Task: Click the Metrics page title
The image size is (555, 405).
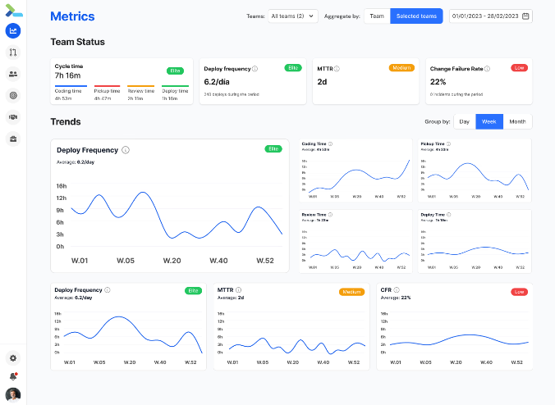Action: [72, 16]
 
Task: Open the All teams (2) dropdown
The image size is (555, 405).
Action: [293, 16]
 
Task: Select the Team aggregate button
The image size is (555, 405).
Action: [377, 16]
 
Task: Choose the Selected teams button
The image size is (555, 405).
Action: [416, 16]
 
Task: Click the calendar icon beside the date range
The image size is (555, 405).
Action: [525, 16]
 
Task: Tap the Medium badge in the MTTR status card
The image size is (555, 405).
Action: [401, 68]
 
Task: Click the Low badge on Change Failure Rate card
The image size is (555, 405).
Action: [518, 68]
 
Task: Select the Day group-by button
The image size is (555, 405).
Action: [465, 121]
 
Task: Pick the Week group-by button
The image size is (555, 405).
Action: [489, 121]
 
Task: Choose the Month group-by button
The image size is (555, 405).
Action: [517, 121]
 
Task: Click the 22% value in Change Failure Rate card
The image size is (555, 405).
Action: [438, 82]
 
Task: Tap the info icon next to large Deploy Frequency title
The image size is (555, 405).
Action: [126, 150]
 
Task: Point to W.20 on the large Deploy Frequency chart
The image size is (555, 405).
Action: [172, 261]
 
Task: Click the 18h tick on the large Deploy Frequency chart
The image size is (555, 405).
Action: [61, 186]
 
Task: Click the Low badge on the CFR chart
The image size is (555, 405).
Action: [519, 291]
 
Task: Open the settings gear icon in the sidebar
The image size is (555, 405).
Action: [13, 358]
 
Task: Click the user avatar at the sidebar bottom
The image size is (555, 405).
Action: [13, 394]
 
